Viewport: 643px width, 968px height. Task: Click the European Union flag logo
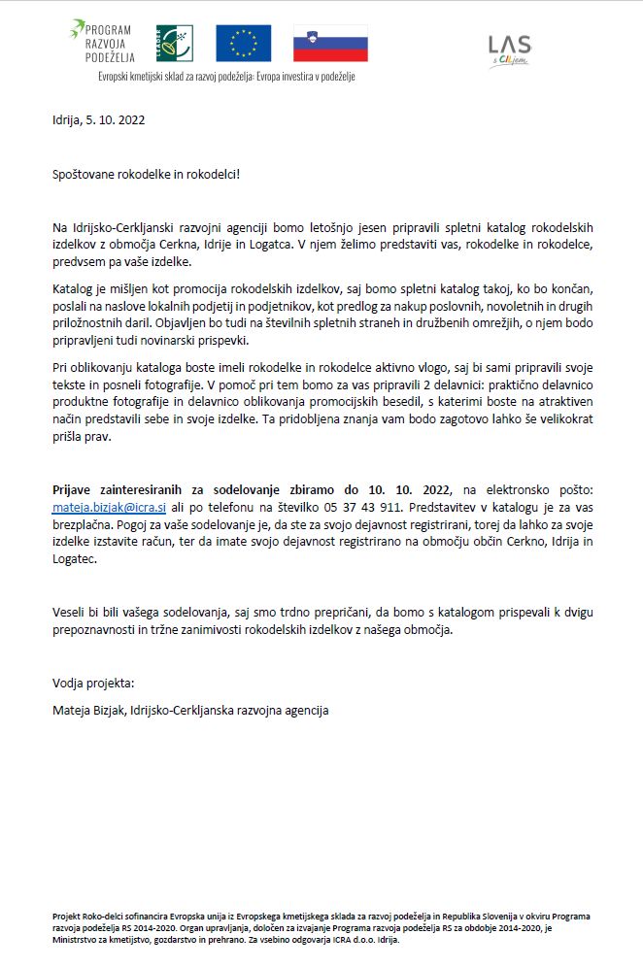(x=243, y=44)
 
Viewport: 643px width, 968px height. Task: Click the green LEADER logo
(x=175, y=44)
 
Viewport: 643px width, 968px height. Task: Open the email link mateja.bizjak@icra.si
(x=109, y=508)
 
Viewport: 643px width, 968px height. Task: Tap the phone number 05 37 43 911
(x=366, y=508)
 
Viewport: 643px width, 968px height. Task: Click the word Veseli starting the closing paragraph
(x=71, y=612)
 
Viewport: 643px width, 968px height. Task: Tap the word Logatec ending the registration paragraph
(x=75, y=560)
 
